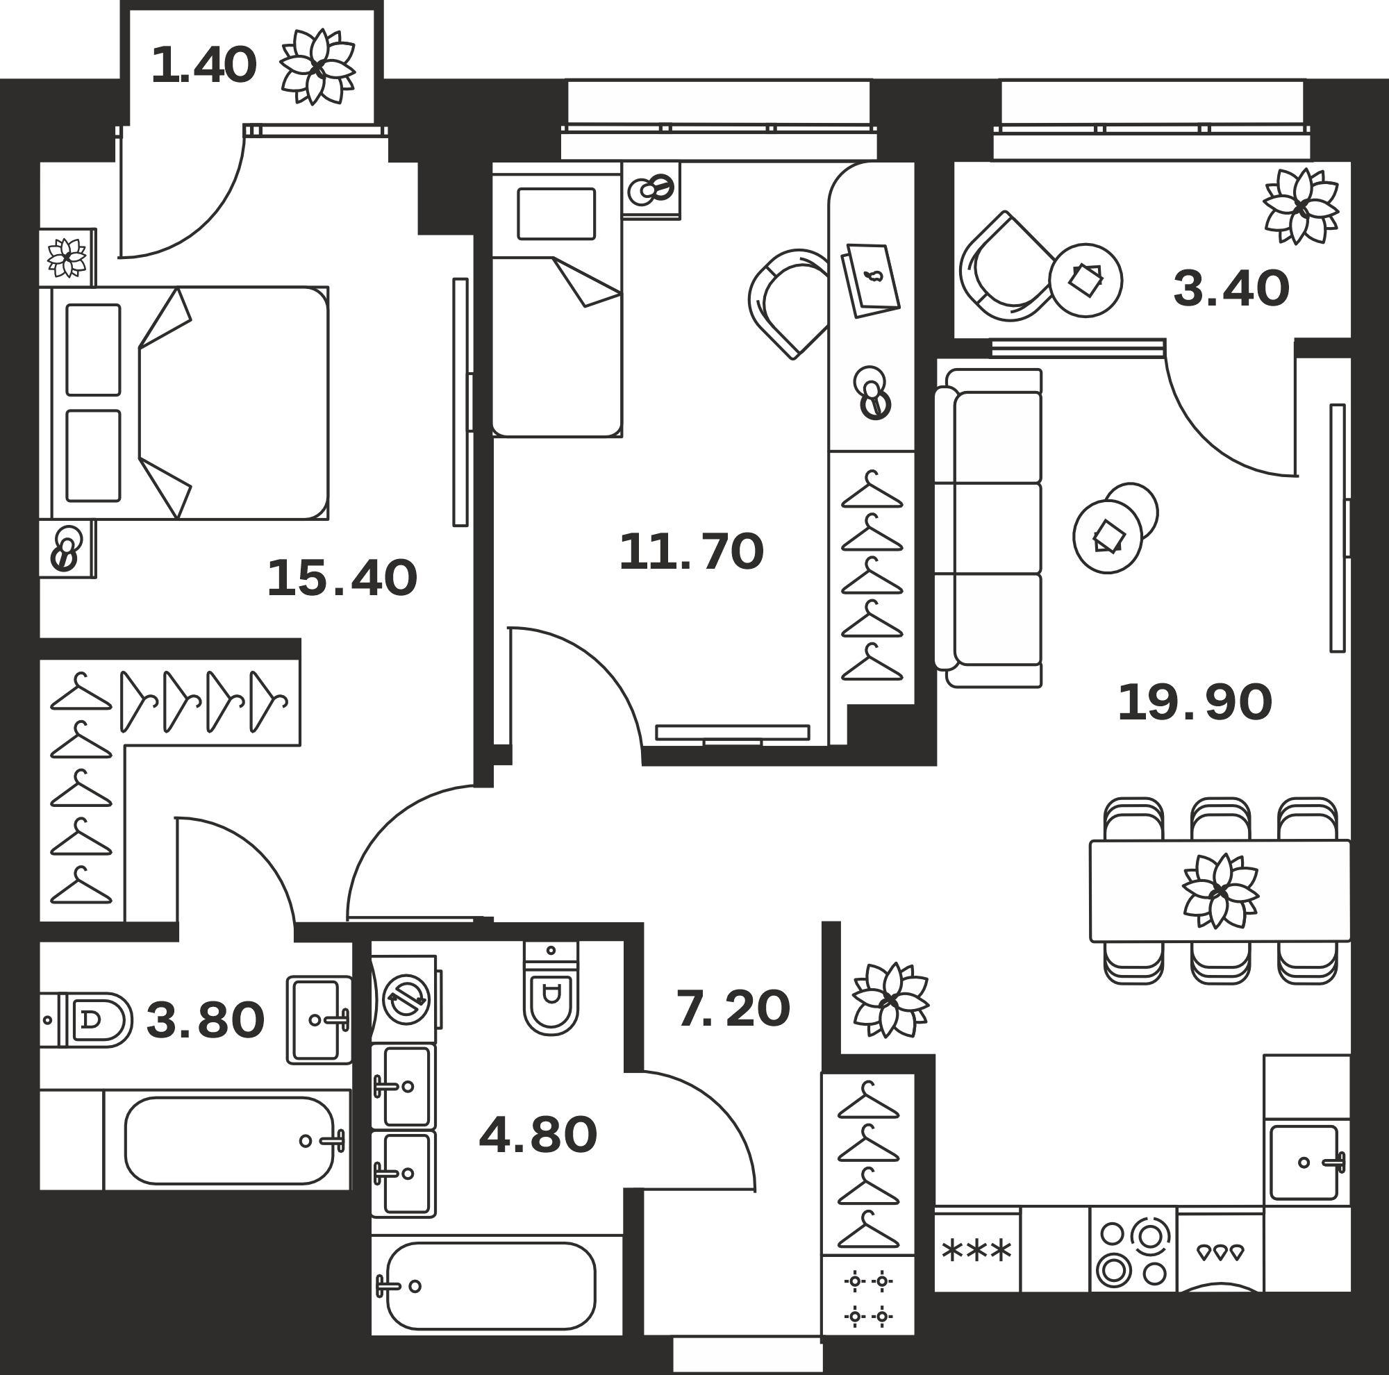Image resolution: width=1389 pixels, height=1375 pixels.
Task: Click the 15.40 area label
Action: pyautogui.click(x=342, y=579)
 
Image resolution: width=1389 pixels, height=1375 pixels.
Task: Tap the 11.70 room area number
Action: pyautogui.click(x=691, y=552)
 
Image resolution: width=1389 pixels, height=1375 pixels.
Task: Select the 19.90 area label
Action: pyautogui.click(x=1195, y=703)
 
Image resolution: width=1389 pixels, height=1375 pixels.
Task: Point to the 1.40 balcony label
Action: pyautogui.click(x=203, y=65)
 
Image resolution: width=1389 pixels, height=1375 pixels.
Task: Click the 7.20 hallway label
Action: pyautogui.click(x=733, y=1008)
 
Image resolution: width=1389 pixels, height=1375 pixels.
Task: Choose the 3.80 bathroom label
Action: pyautogui.click(x=206, y=1021)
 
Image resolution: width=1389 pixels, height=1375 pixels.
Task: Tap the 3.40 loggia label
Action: pyautogui.click(x=1231, y=289)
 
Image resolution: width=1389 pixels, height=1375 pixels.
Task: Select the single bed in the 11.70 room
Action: pyautogui.click(x=557, y=299)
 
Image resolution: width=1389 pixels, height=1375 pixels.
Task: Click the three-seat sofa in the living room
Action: pyautogui.click(x=988, y=528)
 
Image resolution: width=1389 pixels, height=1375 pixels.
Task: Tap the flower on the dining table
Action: pyautogui.click(x=1220, y=890)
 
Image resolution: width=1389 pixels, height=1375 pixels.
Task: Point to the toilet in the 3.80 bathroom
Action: pyautogui.click(x=86, y=1020)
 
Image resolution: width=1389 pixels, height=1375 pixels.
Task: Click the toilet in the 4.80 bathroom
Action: pyautogui.click(x=551, y=987)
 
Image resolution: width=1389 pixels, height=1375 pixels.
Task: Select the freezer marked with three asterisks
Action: pyautogui.click(x=977, y=1252)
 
